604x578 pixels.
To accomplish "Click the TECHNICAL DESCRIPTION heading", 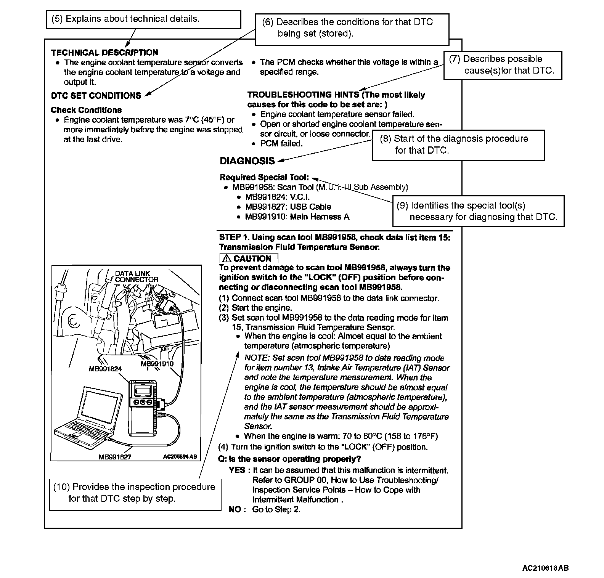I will (x=104, y=53).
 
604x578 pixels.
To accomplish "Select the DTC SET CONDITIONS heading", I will (x=96, y=96).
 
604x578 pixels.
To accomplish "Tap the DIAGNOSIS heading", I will (x=247, y=161).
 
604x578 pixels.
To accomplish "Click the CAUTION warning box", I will (x=249, y=258).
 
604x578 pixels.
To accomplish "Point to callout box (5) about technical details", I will (x=143, y=19).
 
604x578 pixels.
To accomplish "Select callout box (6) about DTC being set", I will (x=352, y=28).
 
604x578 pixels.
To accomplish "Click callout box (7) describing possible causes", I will (x=503, y=65).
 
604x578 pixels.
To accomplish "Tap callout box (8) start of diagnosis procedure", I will (x=458, y=144).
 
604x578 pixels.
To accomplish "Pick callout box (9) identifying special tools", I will (x=478, y=211).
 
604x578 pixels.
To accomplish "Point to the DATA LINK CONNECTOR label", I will (x=136, y=276).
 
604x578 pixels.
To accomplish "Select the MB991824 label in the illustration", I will (x=105, y=369).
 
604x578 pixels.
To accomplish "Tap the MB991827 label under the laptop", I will (x=115, y=457).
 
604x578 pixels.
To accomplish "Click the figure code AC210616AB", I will (x=545, y=568).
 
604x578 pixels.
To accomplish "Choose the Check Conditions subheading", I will (x=86, y=110).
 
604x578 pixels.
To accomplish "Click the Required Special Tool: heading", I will (x=264, y=177).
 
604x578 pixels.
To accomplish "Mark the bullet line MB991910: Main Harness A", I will (x=297, y=217).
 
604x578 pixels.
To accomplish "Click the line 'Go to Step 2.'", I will (x=276, y=509).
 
